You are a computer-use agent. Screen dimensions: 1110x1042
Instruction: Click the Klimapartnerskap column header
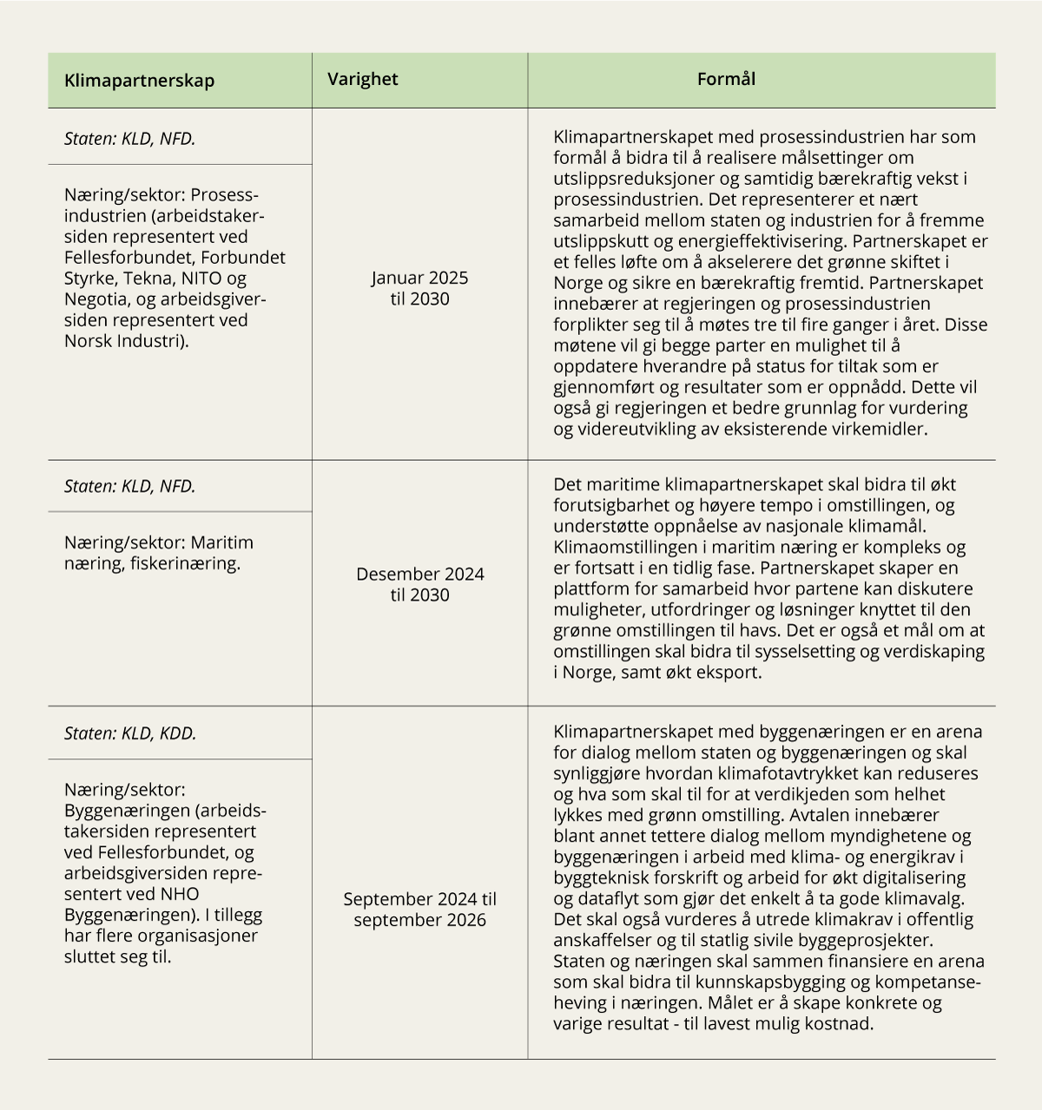139,81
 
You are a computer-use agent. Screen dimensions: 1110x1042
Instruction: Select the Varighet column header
362,79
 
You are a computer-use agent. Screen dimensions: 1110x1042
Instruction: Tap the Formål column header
726,79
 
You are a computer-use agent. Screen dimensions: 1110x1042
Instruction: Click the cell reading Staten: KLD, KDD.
130,733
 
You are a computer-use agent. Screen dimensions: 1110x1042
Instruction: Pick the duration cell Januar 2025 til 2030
419,288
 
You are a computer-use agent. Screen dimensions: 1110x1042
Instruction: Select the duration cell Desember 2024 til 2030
419,584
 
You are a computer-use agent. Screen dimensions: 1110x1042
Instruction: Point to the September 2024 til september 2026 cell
419,910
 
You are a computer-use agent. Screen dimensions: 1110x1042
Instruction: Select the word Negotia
96,299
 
